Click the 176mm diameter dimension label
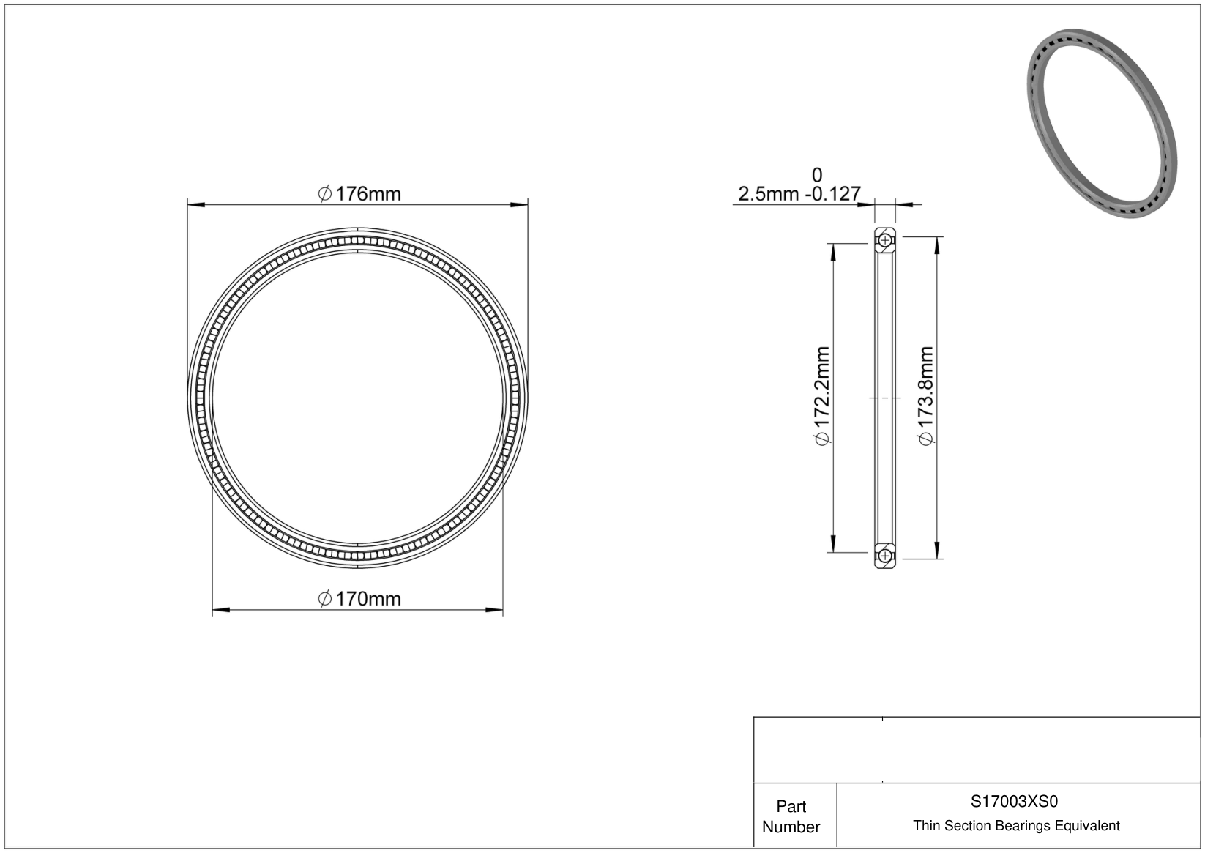pyautogui.click(x=359, y=194)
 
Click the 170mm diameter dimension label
pyautogui.click(x=359, y=598)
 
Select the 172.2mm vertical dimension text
pyautogui.click(x=823, y=397)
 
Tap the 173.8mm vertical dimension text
pyautogui.click(x=926, y=397)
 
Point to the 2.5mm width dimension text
pyautogui.click(x=769, y=194)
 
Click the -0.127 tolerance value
pyautogui.click(x=833, y=194)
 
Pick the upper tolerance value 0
pyautogui.click(x=816, y=175)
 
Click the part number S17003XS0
pyautogui.click(x=1014, y=801)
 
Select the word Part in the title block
pyautogui.click(x=791, y=806)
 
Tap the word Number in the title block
pyautogui.click(x=791, y=827)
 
